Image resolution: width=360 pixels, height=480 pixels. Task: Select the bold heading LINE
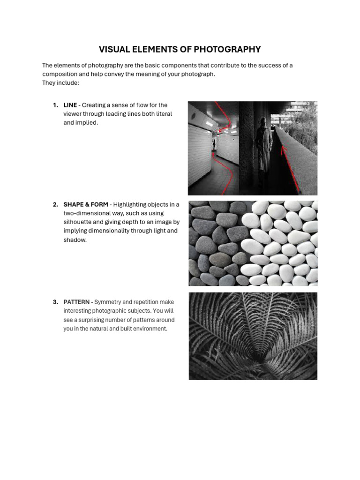pyautogui.click(x=70, y=105)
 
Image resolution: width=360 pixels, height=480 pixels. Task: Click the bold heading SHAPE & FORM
pyautogui.click(x=86, y=204)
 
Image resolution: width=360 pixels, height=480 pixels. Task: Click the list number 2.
pyautogui.click(x=55, y=204)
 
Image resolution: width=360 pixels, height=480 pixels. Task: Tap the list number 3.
pyautogui.click(x=55, y=302)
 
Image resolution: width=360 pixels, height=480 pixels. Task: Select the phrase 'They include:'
pyautogui.click(x=61, y=83)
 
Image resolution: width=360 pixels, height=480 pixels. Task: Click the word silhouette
pyautogui.click(x=78, y=222)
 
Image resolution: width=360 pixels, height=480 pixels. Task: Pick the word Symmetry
pyautogui.click(x=108, y=302)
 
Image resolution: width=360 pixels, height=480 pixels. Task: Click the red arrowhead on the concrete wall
pyautogui.click(x=282, y=150)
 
